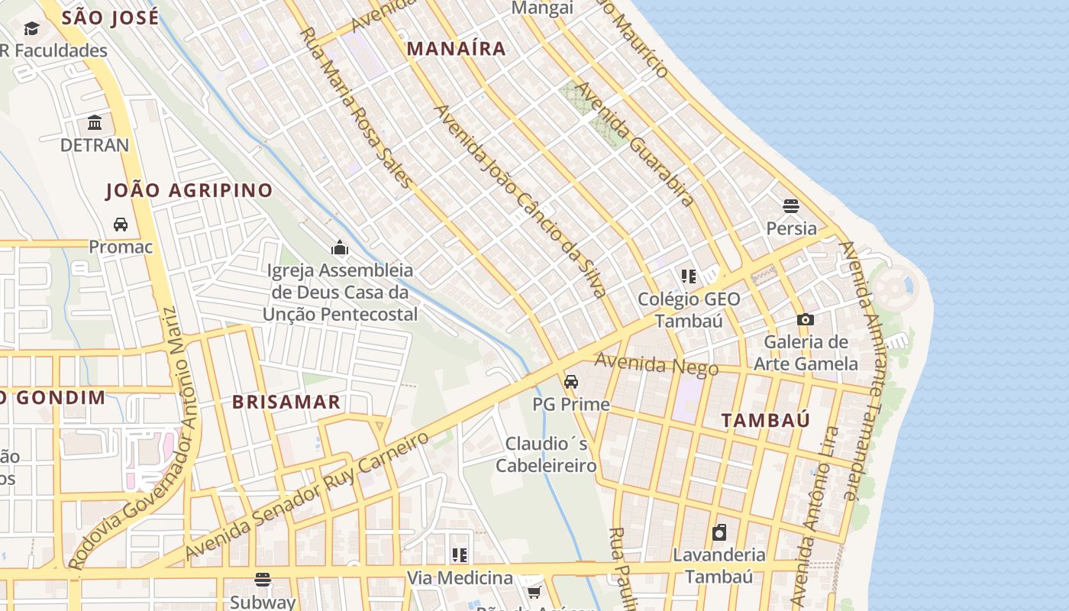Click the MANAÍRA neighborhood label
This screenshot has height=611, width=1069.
tap(456, 49)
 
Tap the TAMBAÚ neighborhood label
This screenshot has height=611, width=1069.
tap(766, 420)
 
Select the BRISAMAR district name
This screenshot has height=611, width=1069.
tap(286, 402)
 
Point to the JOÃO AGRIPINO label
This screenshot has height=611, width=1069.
tap(189, 190)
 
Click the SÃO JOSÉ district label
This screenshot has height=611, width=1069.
tap(110, 18)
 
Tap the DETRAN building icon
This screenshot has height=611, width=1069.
tap(95, 123)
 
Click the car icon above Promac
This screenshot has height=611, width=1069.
tap(121, 225)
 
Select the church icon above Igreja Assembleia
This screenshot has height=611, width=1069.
tap(340, 247)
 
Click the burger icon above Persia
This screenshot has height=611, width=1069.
tap(791, 206)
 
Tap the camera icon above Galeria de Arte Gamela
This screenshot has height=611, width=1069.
tap(806, 320)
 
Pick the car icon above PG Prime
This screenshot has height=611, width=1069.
tap(570, 382)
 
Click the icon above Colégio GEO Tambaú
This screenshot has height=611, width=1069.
tap(689, 276)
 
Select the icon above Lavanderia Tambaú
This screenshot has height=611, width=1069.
tap(719, 532)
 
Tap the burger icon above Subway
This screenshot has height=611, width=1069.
tap(263, 580)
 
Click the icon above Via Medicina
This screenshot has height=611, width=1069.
tap(459, 555)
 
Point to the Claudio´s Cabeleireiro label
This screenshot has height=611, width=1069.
tap(547, 454)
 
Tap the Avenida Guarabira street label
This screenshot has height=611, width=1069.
tap(635, 144)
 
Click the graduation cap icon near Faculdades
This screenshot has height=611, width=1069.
tap(31, 29)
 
